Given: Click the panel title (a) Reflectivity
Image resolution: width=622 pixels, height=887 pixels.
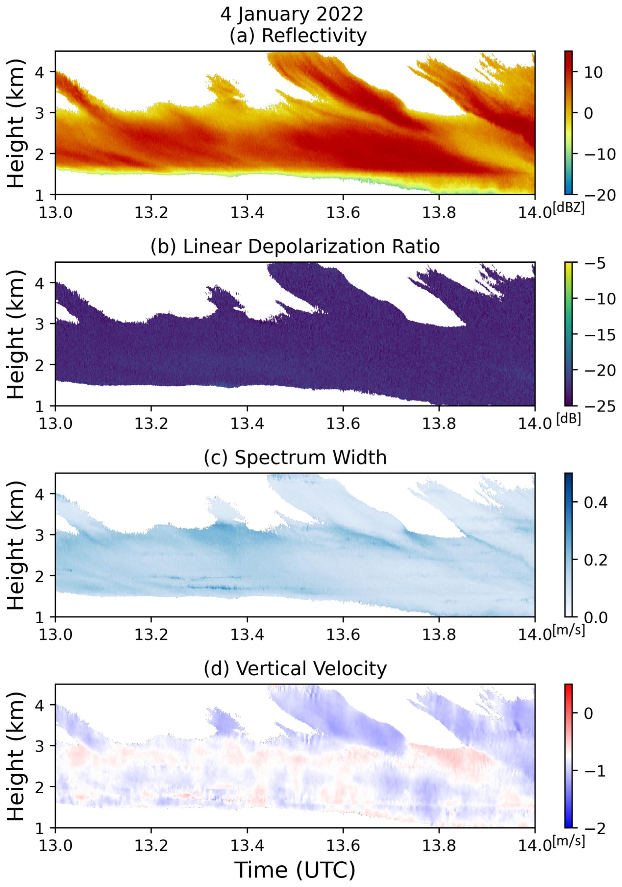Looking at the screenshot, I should (298, 36).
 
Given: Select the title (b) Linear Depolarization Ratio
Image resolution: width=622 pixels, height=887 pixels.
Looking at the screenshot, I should (295, 247).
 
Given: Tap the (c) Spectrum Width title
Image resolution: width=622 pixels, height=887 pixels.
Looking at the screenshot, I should (295, 457).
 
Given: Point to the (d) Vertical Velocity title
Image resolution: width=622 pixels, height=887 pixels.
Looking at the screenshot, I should (295, 668).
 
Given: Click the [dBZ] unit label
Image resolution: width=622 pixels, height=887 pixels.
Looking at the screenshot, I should (568, 208).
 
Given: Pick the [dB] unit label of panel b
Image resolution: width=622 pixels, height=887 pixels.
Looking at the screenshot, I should (568, 419).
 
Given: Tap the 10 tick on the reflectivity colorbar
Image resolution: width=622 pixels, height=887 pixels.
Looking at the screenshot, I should (593, 72).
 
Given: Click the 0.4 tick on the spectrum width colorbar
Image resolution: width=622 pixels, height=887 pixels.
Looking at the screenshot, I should (595, 503).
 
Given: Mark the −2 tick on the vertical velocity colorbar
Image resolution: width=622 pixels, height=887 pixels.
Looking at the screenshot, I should (595, 828).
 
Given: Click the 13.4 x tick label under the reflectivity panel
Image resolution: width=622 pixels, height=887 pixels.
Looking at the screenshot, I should (247, 213).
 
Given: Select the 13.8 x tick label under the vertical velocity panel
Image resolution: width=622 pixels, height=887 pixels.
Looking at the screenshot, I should (439, 846).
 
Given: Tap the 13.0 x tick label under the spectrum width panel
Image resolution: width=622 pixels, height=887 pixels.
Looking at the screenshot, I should (55, 635).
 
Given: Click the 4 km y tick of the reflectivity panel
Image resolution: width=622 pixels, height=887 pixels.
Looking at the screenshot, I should (40, 72).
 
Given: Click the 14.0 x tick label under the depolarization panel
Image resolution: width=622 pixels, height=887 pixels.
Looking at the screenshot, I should (535, 424).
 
